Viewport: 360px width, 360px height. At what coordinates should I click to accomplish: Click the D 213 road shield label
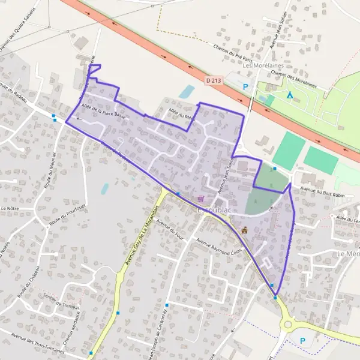(213, 79)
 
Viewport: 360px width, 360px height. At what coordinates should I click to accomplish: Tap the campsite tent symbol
(290, 95)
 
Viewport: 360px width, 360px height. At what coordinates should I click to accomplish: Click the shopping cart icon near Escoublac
(201, 199)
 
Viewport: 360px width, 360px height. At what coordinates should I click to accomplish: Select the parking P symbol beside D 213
(245, 87)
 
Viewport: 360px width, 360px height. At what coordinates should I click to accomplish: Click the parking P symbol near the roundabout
(302, 341)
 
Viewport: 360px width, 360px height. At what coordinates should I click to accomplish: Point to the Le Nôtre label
(11, 208)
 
